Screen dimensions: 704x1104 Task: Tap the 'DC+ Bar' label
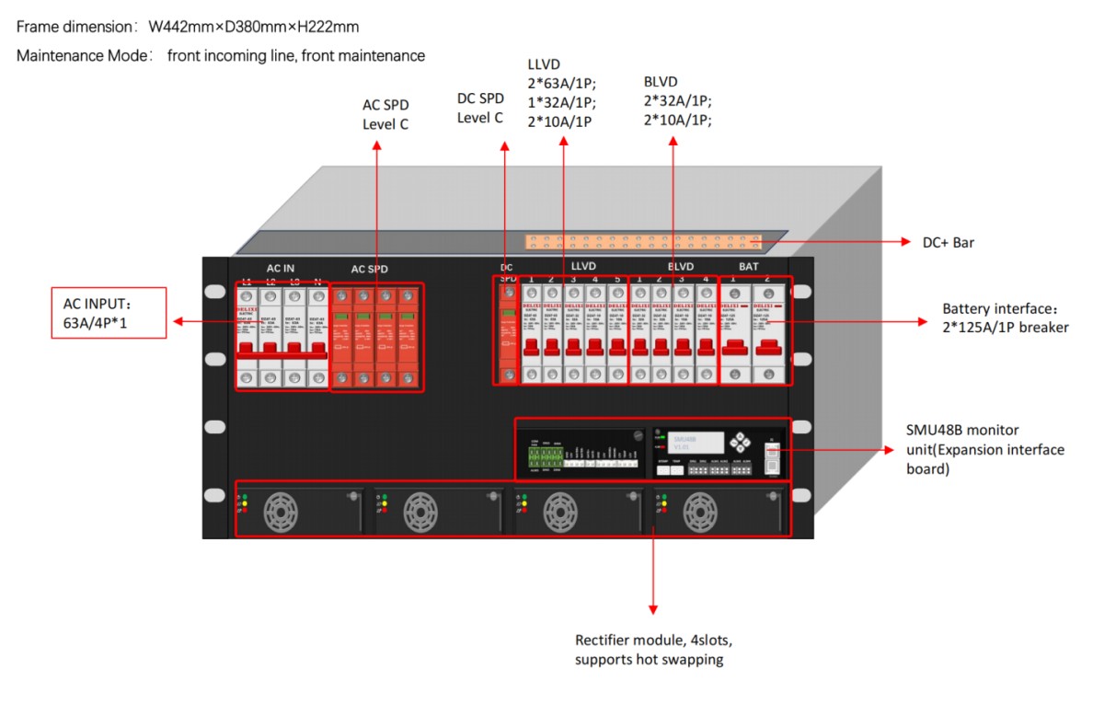pyautogui.click(x=948, y=243)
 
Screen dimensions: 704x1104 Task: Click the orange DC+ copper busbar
pyautogui.click(x=644, y=243)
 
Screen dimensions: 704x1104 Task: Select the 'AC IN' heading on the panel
pyautogui.click(x=281, y=269)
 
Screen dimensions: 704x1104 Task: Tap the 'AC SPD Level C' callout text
pyautogui.click(x=385, y=114)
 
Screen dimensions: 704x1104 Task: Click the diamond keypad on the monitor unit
pyautogui.click(x=741, y=442)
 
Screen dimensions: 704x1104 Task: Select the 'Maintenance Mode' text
pyautogui.click(x=78, y=56)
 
